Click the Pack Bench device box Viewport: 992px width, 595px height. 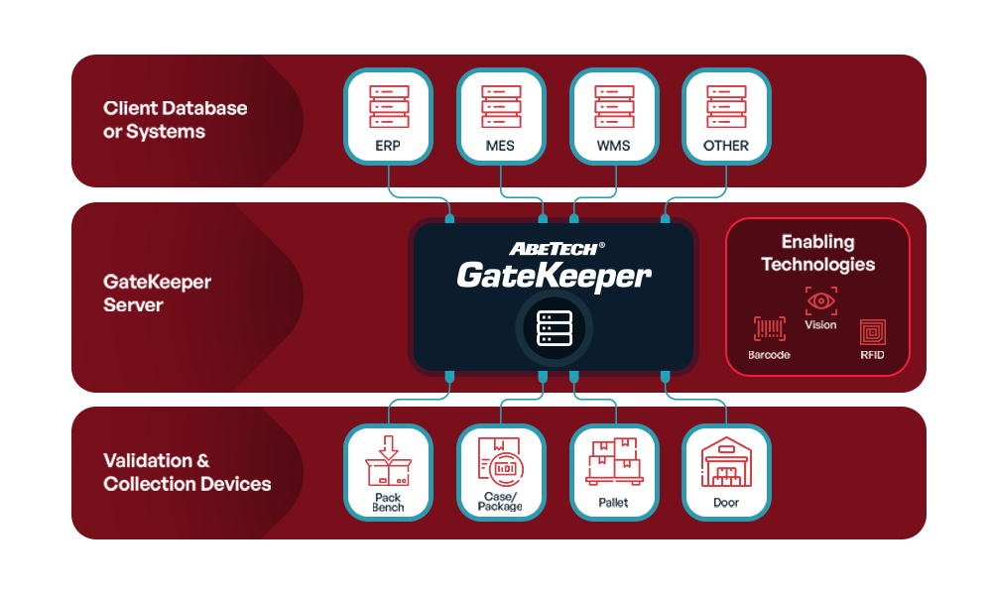pyautogui.click(x=388, y=472)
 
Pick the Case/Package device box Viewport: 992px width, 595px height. pyautogui.click(x=501, y=472)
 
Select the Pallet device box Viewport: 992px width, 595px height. pyautogui.click(x=614, y=472)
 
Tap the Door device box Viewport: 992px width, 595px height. pyautogui.click(x=726, y=472)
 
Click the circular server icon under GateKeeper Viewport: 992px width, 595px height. pyautogui.click(x=554, y=327)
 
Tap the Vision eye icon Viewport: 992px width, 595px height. pyautogui.click(x=820, y=300)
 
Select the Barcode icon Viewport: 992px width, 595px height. pyautogui.click(x=769, y=330)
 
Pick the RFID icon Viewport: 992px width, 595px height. pyautogui.click(x=872, y=331)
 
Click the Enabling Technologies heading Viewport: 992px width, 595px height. pyautogui.click(x=817, y=253)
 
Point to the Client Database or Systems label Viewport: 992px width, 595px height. pyautogui.click(x=175, y=119)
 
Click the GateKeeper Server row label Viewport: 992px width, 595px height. pyautogui.click(x=157, y=294)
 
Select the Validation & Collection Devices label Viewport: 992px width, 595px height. pyautogui.click(x=186, y=472)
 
